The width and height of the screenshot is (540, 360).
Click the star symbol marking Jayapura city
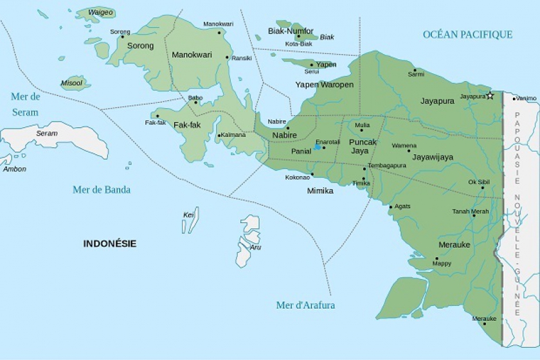pyautogui.click(x=490, y=96)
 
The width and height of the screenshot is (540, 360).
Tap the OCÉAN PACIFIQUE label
pyautogui.click(x=467, y=35)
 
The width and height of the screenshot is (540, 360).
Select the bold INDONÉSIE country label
pyautogui.click(x=109, y=244)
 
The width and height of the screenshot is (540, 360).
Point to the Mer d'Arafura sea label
pyautogui.click(x=305, y=305)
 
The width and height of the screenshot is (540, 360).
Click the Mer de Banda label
pyautogui.click(x=102, y=190)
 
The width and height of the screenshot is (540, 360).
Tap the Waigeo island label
pyautogui.click(x=100, y=12)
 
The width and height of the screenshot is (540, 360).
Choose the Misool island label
pyautogui.click(x=71, y=83)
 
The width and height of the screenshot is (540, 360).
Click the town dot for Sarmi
pyautogui.click(x=415, y=70)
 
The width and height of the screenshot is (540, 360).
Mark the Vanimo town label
pyautogui.click(x=526, y=98)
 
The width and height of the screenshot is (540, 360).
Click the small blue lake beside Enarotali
pyautogui.click(x=317, y=147)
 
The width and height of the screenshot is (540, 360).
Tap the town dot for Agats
pyautogui.click(x=391, y=207)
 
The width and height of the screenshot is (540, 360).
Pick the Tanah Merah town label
pyautogui.click(x=470, y=212)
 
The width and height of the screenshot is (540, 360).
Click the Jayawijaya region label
pyautogui.click(x=433, y=157)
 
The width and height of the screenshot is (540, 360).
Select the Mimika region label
pyautogui.click(x=320, y=191)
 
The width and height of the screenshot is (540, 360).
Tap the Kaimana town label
pyautogui.click(x=233, y=135)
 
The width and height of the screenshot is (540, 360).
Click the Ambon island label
pyautogui.click(x=14, y=169)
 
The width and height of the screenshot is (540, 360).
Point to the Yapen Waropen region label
pyautogui.click(x=324, y=85)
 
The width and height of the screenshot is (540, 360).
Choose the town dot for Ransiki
pyautogui.click(x=228, y=57)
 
